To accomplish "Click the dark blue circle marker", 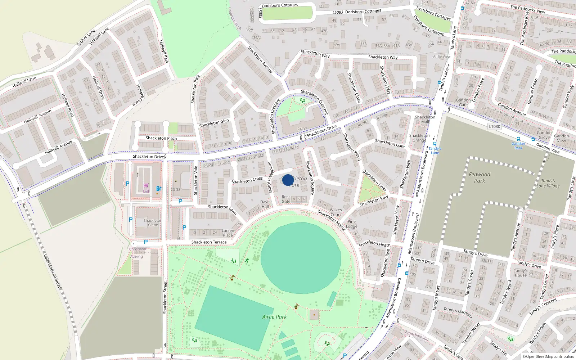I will pos(288,180).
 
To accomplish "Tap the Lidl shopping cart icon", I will pos(146,186).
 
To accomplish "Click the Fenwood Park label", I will pos(480,177).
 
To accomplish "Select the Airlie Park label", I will pos(274,317).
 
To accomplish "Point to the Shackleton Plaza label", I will pos(161,138).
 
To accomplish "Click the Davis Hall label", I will pos(265,204).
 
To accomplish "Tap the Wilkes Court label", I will pos(336,212).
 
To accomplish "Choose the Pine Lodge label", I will pos(352,224).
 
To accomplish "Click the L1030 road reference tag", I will pos(495,126).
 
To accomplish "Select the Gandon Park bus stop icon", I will pos(518,139).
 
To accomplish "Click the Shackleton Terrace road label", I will pos(209,242).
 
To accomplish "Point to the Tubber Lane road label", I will pos(86,37).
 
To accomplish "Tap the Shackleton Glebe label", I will pos(153,222).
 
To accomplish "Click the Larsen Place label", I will pos(228,233).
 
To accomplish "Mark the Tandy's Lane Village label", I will pos(548,183).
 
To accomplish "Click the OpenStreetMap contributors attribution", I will pos(548,356).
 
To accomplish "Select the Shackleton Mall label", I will pos(425,119).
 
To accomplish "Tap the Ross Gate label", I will pos(286,199).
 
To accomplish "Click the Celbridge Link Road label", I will pos(53,271).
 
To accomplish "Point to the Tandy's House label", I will pos(521,273).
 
